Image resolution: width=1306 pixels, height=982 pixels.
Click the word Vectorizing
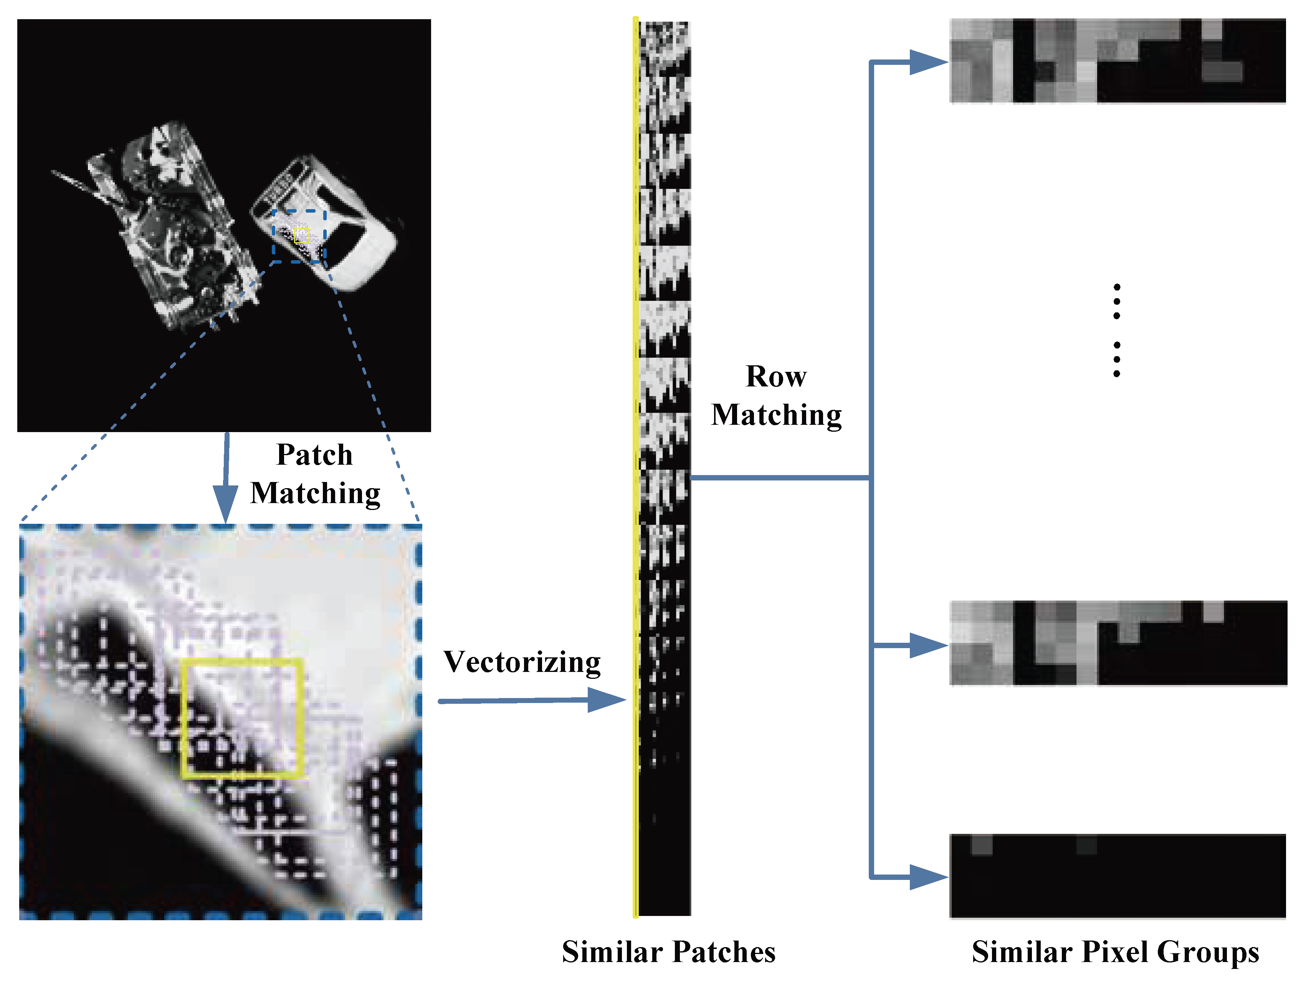(522, 662)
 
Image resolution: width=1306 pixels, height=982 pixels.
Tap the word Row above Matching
(776, 376)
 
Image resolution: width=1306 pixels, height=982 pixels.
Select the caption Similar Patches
(668, 952)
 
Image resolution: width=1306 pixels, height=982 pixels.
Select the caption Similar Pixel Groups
(1115, 952)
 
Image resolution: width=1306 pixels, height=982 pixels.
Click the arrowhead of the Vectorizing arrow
(608, 700)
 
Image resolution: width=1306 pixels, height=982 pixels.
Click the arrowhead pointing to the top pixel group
(927, 62)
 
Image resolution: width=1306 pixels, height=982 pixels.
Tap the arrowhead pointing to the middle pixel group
(927, 645)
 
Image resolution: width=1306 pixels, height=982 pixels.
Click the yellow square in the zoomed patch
(242, 718)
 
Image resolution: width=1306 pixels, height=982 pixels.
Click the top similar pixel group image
(1117, 61)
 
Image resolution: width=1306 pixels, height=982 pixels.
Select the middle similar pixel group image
(1118, 643)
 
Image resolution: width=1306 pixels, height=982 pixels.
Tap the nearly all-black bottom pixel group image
(1117, 876)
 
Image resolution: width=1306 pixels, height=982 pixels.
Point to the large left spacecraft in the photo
(171, 224)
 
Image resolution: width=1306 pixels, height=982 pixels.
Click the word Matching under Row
(776, 415)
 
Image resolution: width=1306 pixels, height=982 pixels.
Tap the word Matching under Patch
(315, 493)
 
